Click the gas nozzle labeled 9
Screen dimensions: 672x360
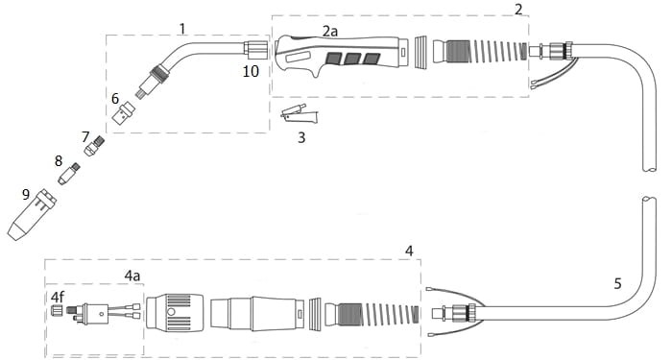click(32, 215)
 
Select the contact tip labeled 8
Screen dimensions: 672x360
click(69, 174)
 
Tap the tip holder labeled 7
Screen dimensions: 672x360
click(94, 146)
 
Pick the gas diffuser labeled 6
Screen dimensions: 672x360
click(124, 112)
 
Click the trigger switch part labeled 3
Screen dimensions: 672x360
click(300, 114)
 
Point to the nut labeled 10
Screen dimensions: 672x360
click(255, 50)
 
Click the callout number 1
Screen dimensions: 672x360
click(182, 29)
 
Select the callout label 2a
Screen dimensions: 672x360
click(330, 31)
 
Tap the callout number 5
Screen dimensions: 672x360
click(617, 283)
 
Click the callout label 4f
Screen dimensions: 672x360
click(57, 297)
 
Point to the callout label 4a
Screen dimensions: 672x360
click(132, 276)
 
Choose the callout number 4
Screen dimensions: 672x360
click(409, 252)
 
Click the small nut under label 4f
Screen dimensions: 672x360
click(56, 310)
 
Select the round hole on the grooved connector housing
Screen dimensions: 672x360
click(171, 312)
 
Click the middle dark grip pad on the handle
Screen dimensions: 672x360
click(352, 60)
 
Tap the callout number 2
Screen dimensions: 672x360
click(518, 10)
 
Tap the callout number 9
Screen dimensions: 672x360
click(26, 194)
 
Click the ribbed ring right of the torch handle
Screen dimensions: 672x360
click(421, 52)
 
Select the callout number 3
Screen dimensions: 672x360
click(301, 137)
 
